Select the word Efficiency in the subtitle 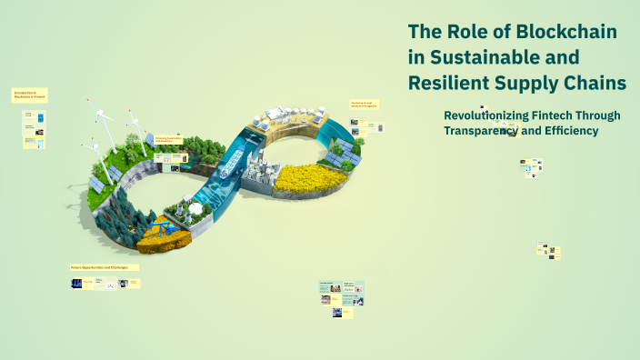pyautogui.click(x=568, y=131)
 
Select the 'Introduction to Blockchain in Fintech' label pyautogui.click(x=29, y=95)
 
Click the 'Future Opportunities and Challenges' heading pyautogui.click(x=105, y=267)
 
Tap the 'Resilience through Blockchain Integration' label pyautogui.click(x=364, y=105)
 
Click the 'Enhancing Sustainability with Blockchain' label pyautogui.click(x=169, y=139)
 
